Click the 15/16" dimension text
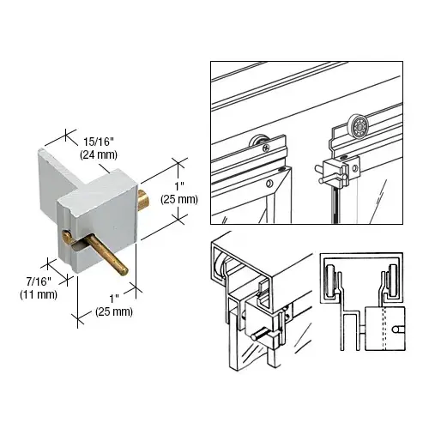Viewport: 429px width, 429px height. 99,142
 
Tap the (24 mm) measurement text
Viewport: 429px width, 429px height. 99,154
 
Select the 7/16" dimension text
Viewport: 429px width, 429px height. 39,281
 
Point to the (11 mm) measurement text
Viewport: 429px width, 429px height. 39,294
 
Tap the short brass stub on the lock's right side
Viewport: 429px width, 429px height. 142,198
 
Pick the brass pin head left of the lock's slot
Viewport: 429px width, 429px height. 67,236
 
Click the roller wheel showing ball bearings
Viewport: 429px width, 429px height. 358,124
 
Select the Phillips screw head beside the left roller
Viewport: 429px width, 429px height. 266,148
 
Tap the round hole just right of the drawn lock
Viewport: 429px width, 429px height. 354,168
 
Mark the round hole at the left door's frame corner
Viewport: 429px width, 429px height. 269,184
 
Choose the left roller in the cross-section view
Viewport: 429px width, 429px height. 332,282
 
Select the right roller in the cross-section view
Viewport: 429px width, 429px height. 392,282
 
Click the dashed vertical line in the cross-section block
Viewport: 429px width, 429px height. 384,329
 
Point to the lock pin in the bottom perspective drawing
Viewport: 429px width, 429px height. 260,334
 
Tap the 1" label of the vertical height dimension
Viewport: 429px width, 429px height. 179,187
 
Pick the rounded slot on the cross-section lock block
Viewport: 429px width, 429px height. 399,329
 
